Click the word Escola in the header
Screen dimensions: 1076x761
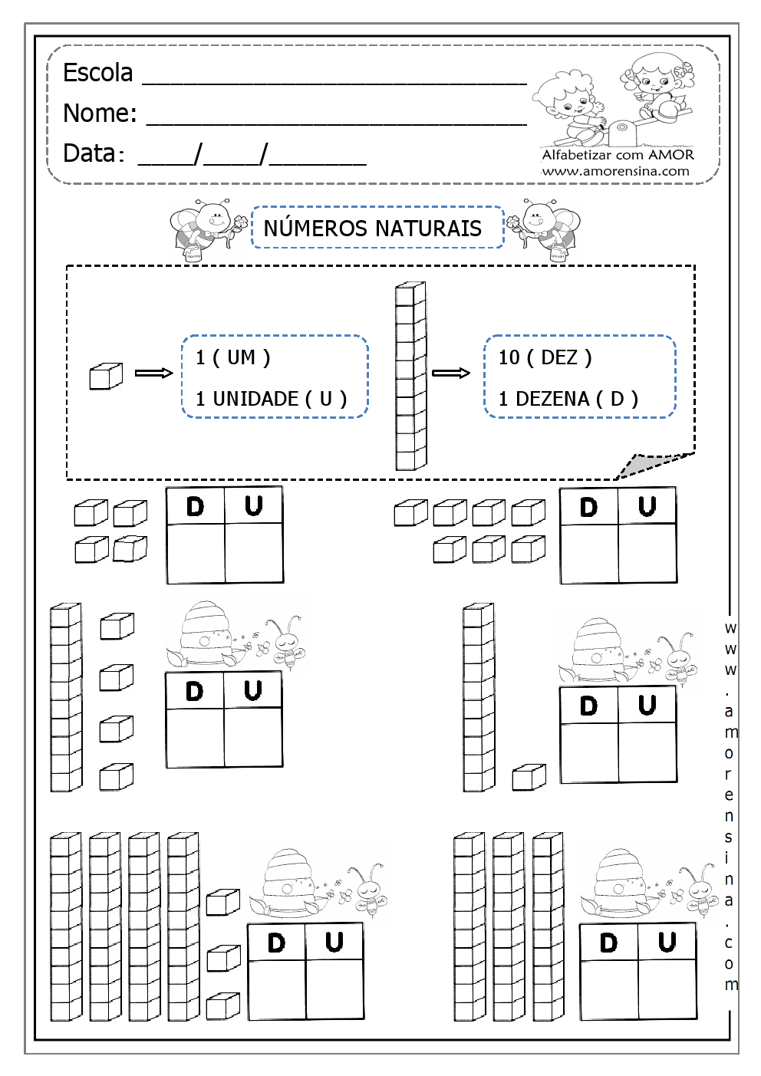(97, 73)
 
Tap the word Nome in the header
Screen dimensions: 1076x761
(99, 114)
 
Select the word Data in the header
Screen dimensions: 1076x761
(90, 153)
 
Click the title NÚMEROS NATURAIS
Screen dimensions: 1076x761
(373, 229)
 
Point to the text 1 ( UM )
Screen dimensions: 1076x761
(232, 357)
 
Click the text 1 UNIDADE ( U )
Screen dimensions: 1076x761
(271, 399)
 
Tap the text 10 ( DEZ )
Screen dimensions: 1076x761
(545, 357)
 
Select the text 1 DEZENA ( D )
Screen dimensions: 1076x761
(568, 399)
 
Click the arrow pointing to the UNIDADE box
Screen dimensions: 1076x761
(153, 373)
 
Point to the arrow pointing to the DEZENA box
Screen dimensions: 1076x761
(450, 373)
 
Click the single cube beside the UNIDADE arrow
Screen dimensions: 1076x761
(106, 377)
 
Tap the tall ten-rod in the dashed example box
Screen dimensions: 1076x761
(410, 376)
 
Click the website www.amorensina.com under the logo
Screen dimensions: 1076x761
(616, 171)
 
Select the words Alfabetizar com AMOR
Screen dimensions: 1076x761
(618, 155)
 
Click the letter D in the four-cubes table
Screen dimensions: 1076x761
(196, 506)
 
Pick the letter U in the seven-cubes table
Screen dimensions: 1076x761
(647, 506)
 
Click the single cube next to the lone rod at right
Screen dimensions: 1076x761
(529, 777)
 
